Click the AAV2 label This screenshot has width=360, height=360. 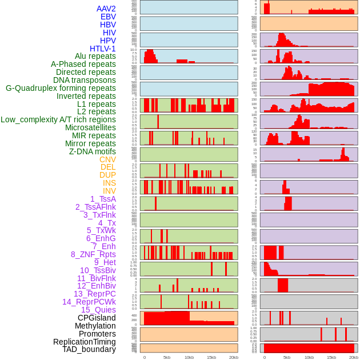(106, 9)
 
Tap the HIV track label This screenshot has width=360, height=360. (109, 33)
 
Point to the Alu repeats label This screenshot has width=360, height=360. (95, 56)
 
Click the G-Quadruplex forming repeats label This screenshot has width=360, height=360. (61, 88)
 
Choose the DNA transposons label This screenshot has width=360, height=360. (85, 80)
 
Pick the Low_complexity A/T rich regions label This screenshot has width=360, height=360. (58, 119)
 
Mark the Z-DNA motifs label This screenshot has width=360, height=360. (92, 151)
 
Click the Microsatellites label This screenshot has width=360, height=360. (90, 127)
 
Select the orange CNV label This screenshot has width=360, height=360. (107, 159)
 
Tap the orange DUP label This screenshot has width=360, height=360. (107, 175)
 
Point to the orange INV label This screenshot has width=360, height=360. (109, 191)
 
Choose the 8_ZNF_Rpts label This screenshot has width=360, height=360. (93, 254)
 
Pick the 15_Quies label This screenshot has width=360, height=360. (98, 310)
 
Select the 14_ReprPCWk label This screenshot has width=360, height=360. (89, 302)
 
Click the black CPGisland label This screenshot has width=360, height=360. (97, 318)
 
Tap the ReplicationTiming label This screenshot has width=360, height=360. (84, 342)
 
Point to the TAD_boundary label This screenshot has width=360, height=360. (89, 349)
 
